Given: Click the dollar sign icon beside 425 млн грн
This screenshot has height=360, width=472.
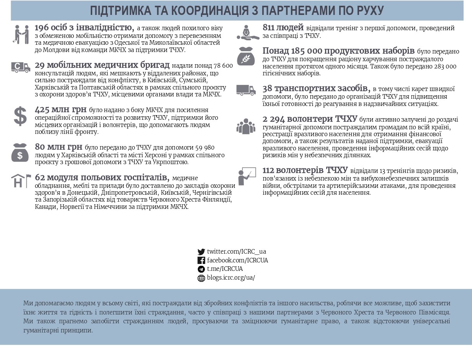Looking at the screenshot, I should [20, 116].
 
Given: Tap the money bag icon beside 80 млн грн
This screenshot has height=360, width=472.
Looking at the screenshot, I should [20, 152].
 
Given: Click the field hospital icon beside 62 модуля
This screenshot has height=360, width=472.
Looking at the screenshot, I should [21, 181].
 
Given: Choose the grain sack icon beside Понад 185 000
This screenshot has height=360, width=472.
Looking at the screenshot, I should [245, 56].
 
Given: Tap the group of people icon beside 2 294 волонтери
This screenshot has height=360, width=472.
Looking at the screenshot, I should [245, 126].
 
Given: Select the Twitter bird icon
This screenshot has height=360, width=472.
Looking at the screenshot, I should [201, 252].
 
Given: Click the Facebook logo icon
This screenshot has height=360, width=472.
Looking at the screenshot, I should [201, 261].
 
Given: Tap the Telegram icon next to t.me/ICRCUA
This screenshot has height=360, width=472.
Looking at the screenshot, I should [201, 269].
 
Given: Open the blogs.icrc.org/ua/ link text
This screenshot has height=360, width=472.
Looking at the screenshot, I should [231, 278].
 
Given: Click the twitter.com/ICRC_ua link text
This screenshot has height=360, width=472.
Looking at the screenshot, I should [236, 251].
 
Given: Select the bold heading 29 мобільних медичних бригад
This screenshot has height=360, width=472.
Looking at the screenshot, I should [102, 65].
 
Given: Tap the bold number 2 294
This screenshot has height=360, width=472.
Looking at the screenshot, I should [274, 119].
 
